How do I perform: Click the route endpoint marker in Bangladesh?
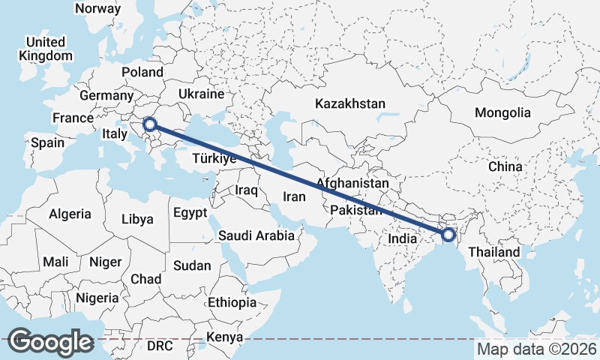[x=448, y=235]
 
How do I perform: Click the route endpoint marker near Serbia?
[x=151, y=124]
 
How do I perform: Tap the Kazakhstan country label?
[x=350, y=103]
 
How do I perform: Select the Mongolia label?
[x=502, y=112]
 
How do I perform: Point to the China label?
[x=505, y=166]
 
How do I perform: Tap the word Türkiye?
[x=214, y=158]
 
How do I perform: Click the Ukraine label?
[x=201, y=94]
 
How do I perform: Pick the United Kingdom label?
[x=46, y=49]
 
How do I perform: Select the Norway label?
[x=98, y=8]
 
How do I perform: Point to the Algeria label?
[x=70, y=214]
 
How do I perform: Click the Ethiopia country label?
[x=232, y=302]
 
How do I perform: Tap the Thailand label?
[x=494, y=252]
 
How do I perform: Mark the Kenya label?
[x=226, y=337]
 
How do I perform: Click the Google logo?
[x=51, y=341]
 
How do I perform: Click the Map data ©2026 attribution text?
[x=536, y=349]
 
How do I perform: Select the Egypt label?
[x=190, y=213]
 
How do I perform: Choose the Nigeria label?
[x=97, y=298]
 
